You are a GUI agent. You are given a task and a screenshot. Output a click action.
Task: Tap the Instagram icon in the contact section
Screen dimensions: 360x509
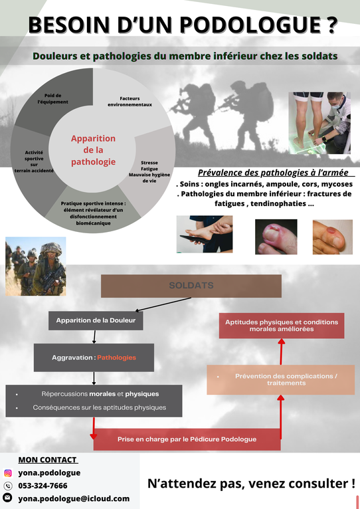tap(8, 473)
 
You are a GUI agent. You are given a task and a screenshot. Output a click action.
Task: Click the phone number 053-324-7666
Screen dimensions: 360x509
tap(43, 486)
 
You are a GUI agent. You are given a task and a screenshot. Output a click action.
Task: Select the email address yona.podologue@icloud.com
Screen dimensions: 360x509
tap(74, 498)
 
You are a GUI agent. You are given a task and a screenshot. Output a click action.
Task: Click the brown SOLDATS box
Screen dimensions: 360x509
tap(191, 286)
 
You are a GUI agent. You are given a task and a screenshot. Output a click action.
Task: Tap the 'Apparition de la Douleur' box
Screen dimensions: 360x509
tap(96, 320)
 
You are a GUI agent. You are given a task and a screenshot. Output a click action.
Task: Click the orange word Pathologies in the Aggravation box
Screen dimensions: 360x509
tap(116, 357)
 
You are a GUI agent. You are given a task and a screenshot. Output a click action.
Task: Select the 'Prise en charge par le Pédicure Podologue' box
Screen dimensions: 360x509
tap(187, 439)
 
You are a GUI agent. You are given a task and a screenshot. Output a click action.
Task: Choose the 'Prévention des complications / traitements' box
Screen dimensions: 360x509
tap(281, 379)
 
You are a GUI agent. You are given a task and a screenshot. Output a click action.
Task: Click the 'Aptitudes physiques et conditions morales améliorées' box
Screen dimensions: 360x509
tap(282, 326)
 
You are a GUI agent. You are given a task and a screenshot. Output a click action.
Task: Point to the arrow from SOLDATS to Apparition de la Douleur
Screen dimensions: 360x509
tap(163, 304)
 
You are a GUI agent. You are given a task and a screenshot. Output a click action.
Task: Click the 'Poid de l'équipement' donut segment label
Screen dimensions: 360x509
tap(53, 99)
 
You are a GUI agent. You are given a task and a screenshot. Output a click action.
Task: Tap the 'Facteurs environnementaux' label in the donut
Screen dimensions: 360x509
tap(130, 102)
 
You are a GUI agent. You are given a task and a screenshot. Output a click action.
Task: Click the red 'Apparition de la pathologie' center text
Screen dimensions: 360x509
tap(94, 150)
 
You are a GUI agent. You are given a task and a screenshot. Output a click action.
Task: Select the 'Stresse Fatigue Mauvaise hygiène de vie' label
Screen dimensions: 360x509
tap(149, 171)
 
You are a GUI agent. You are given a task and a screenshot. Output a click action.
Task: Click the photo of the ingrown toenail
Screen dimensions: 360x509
tap(276, 237)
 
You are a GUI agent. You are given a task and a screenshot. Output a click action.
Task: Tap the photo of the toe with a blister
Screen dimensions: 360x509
tap(332, 237)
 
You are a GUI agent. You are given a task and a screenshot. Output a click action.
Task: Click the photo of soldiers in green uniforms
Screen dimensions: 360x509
tap(36, 266)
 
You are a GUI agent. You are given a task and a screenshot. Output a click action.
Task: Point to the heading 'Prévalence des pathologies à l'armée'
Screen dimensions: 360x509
tap(274, 173)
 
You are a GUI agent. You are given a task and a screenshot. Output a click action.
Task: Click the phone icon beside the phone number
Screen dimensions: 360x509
tap(8, 486)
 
